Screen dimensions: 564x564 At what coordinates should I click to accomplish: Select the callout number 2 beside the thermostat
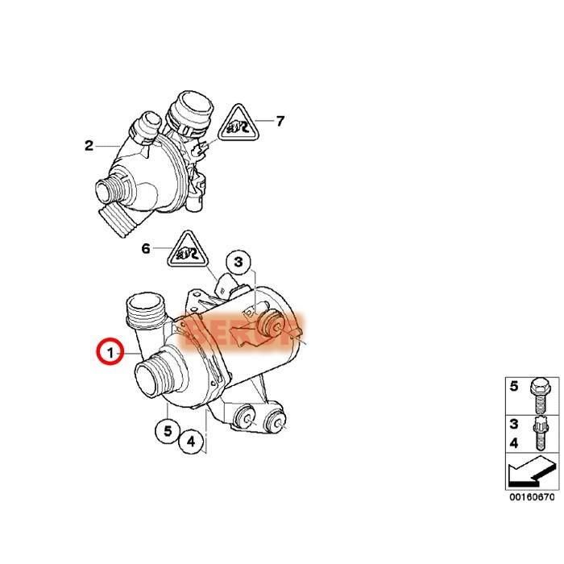[x=89, y=146]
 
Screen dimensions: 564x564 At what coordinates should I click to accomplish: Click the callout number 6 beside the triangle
[x=146, y=249]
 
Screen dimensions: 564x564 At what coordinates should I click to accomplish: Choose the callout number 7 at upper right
[x=280, y=122]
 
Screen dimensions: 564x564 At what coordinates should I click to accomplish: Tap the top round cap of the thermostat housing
[x=190, y=105]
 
